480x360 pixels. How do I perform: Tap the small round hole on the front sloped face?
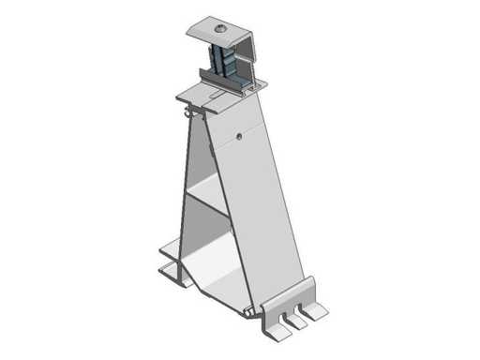[240, 135]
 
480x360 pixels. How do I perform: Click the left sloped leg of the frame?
[186, 197]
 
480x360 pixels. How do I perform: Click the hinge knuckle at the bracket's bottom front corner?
[247, 310]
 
